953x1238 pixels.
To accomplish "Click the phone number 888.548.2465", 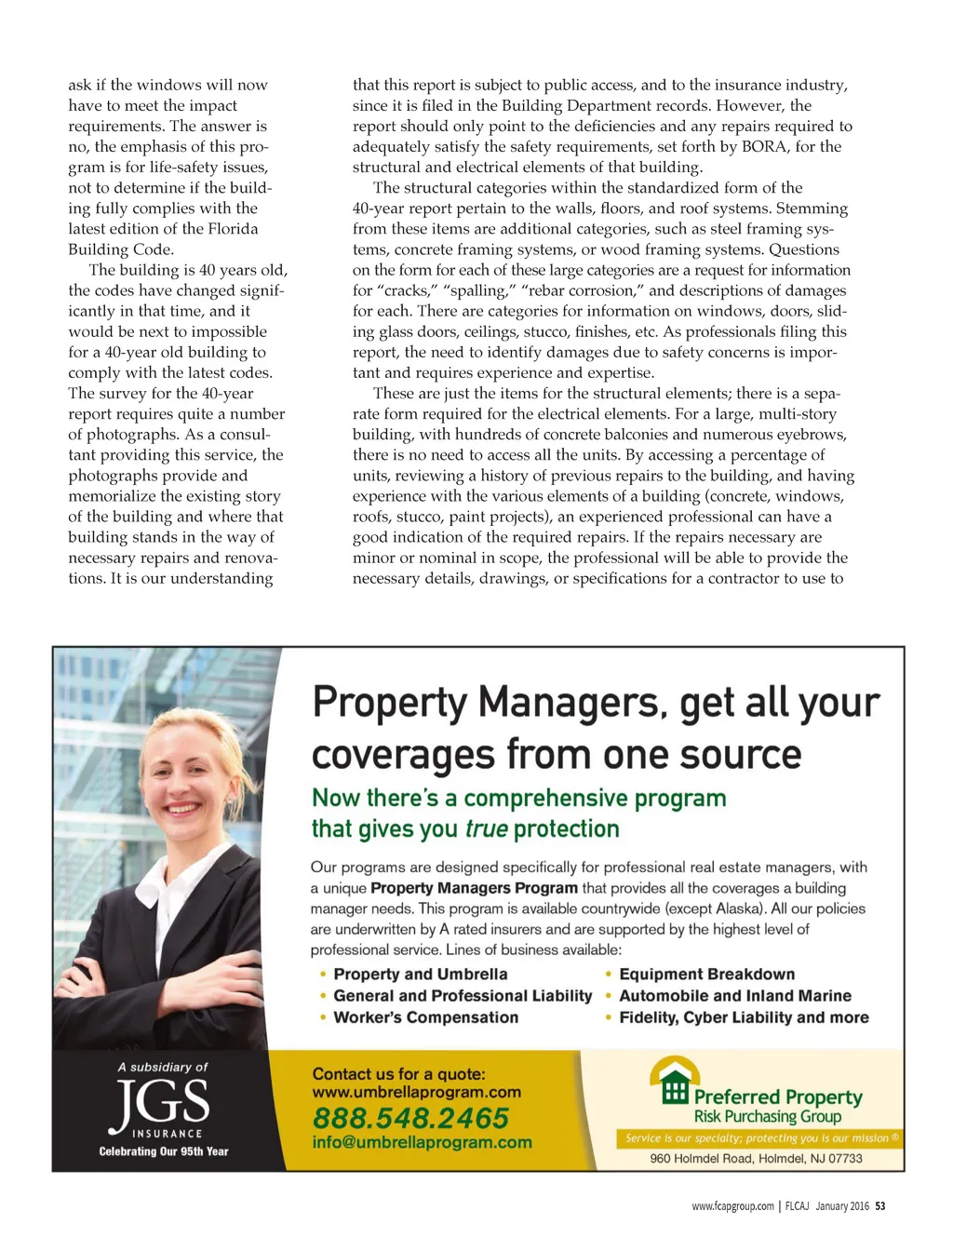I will click(410, 1118).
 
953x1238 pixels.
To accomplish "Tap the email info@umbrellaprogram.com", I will click(422, 1142).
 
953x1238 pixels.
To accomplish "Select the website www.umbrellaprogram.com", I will click(416, 1092).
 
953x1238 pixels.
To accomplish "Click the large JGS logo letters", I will click(160, 1103).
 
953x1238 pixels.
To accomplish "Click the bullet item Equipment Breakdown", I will click(706, 975).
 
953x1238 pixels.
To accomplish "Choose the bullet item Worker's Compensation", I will click(425, 1017).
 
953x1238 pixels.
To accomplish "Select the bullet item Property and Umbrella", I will click(420, 975).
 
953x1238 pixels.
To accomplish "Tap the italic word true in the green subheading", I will click(487, 829).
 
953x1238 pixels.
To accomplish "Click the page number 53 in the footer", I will click(880, 1206).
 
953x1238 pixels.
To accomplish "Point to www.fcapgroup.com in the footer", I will click(732, 1206).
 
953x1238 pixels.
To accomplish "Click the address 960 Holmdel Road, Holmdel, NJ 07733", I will click(756, 1159).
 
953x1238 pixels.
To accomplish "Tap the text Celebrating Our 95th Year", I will click(164, 1151).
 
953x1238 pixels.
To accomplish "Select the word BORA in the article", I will click(763, 146).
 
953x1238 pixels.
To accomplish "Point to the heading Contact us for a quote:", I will click(398, 1074).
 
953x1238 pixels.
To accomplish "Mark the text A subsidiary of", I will click(163, 1067).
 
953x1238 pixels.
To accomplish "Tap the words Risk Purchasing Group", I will click(767, 1117).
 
